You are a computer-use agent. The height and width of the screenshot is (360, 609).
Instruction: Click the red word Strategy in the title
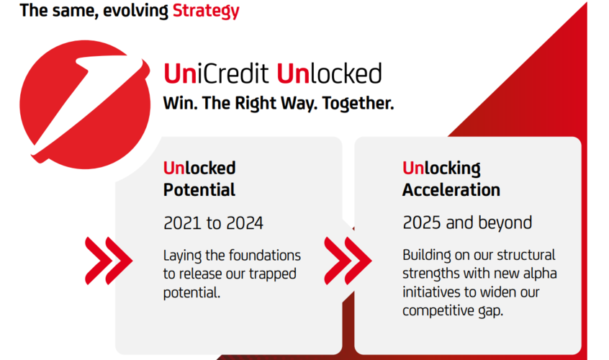point(206,11)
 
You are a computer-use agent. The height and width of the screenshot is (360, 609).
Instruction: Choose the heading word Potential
point(199,190)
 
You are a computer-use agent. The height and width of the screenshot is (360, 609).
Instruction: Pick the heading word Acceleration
point(451,190)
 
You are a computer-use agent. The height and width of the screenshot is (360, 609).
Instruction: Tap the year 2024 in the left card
point(244,223)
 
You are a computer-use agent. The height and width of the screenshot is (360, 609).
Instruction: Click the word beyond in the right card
point(504,222)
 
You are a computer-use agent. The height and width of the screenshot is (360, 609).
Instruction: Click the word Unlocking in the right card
point(441,168)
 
